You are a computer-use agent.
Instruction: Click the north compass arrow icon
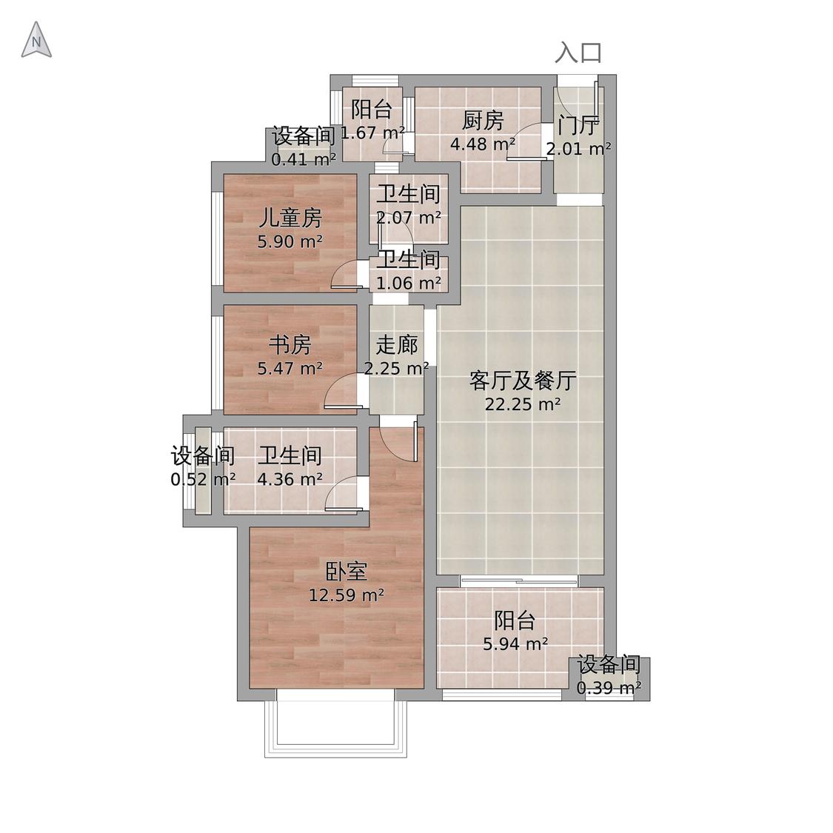(36, 41)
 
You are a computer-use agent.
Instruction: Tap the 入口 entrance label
(578, 53)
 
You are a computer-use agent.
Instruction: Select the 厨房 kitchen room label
(483, 120)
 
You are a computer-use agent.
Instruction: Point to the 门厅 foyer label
(578, 125)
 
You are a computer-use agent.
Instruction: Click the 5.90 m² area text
(290, 241)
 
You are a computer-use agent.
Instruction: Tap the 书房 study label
(290, 344)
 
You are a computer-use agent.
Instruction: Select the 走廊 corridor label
(397, 344)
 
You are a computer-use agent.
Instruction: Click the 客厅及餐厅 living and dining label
(522, 381)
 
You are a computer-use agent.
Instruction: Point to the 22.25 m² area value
(522, 404)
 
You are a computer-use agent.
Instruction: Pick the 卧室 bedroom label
(346, 571)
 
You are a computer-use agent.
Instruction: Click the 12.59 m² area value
(346, 595)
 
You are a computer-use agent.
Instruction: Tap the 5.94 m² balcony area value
(515, 644)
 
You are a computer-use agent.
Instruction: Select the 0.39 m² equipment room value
(609, 689)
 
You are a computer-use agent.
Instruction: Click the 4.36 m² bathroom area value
(290, 479)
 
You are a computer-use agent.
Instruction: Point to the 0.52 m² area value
(203, 479)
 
